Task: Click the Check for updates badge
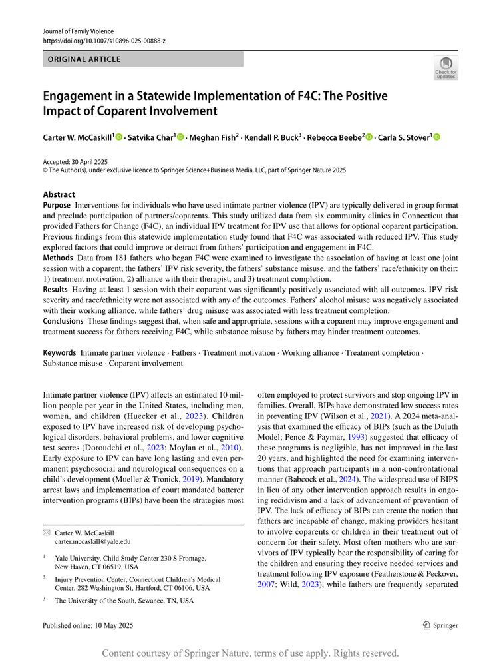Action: [x=446, y=68]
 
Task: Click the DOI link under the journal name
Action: [x=104, y=41]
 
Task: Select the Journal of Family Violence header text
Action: [x=78, y=31]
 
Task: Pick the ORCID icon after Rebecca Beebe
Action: [x=369, y=137]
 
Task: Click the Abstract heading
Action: [x=59, y=195]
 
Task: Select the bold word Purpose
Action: [x=57, y=206]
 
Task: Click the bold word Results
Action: [x=55, y=289]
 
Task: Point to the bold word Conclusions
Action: [x=63, y=321]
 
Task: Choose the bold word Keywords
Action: [x=59, y=352]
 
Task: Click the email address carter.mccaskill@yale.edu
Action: [x=92, y=542]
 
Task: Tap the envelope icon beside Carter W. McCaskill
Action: [x=46, y=533]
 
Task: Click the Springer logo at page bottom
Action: [x=441, y=625]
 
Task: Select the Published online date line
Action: [x=88, y=625]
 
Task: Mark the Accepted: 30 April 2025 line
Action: [x=75, y=161]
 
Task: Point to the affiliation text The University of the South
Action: [x=124, y=600]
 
